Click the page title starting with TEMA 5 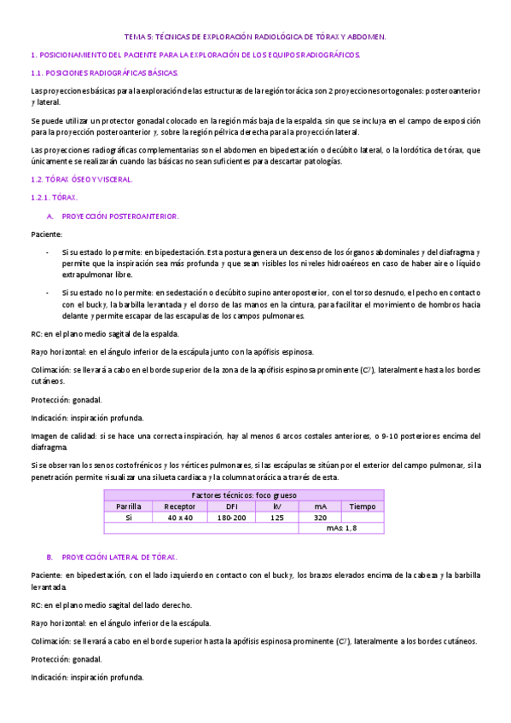tap(255, 38)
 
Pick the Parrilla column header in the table tap(129, 506)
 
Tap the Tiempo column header tap(362, 506)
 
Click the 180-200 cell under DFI tap(231, 518)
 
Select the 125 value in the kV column tap(277, 518)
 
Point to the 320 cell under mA tap(320, 518)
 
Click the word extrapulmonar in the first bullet tap(89, 275)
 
